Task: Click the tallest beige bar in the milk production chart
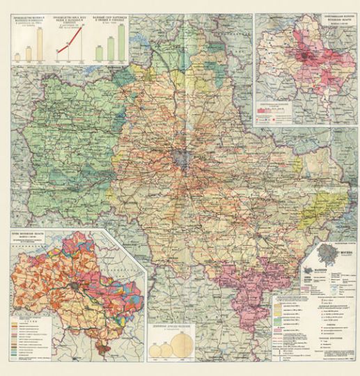coord(39,44)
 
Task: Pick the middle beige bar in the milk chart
coord(29,52)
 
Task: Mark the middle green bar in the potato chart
coord(111,49)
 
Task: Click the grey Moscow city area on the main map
coord(182,158)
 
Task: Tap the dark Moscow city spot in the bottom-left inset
coord(71,285)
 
